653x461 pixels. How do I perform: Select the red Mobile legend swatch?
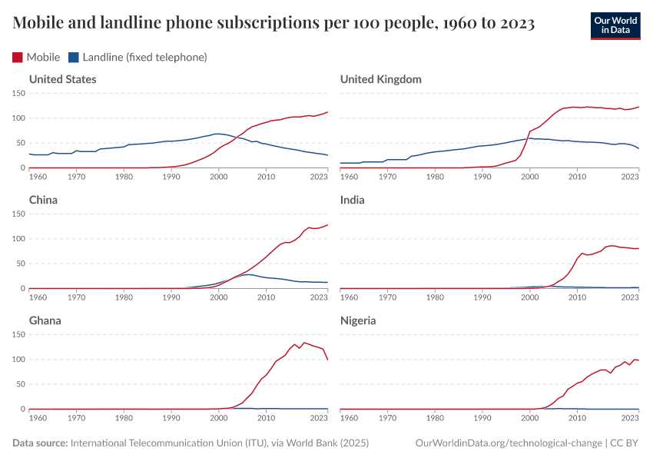[18, 57]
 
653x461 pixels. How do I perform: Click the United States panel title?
[62, 79]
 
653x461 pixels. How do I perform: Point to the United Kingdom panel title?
[380, 79]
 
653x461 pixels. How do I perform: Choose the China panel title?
[43, 200]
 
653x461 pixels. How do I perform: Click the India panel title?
[352, 200]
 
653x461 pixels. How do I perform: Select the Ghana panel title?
[45, 320]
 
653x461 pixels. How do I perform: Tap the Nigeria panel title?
[358, 320]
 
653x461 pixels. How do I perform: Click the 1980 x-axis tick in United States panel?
[124, 177]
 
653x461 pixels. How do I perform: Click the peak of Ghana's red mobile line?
[304, 343]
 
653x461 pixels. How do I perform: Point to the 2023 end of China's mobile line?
[327, 225]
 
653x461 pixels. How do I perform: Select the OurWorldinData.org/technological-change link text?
[508, 443]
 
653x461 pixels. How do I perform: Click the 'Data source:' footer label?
[40, 443]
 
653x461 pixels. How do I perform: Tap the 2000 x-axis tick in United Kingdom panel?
[529, 177]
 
